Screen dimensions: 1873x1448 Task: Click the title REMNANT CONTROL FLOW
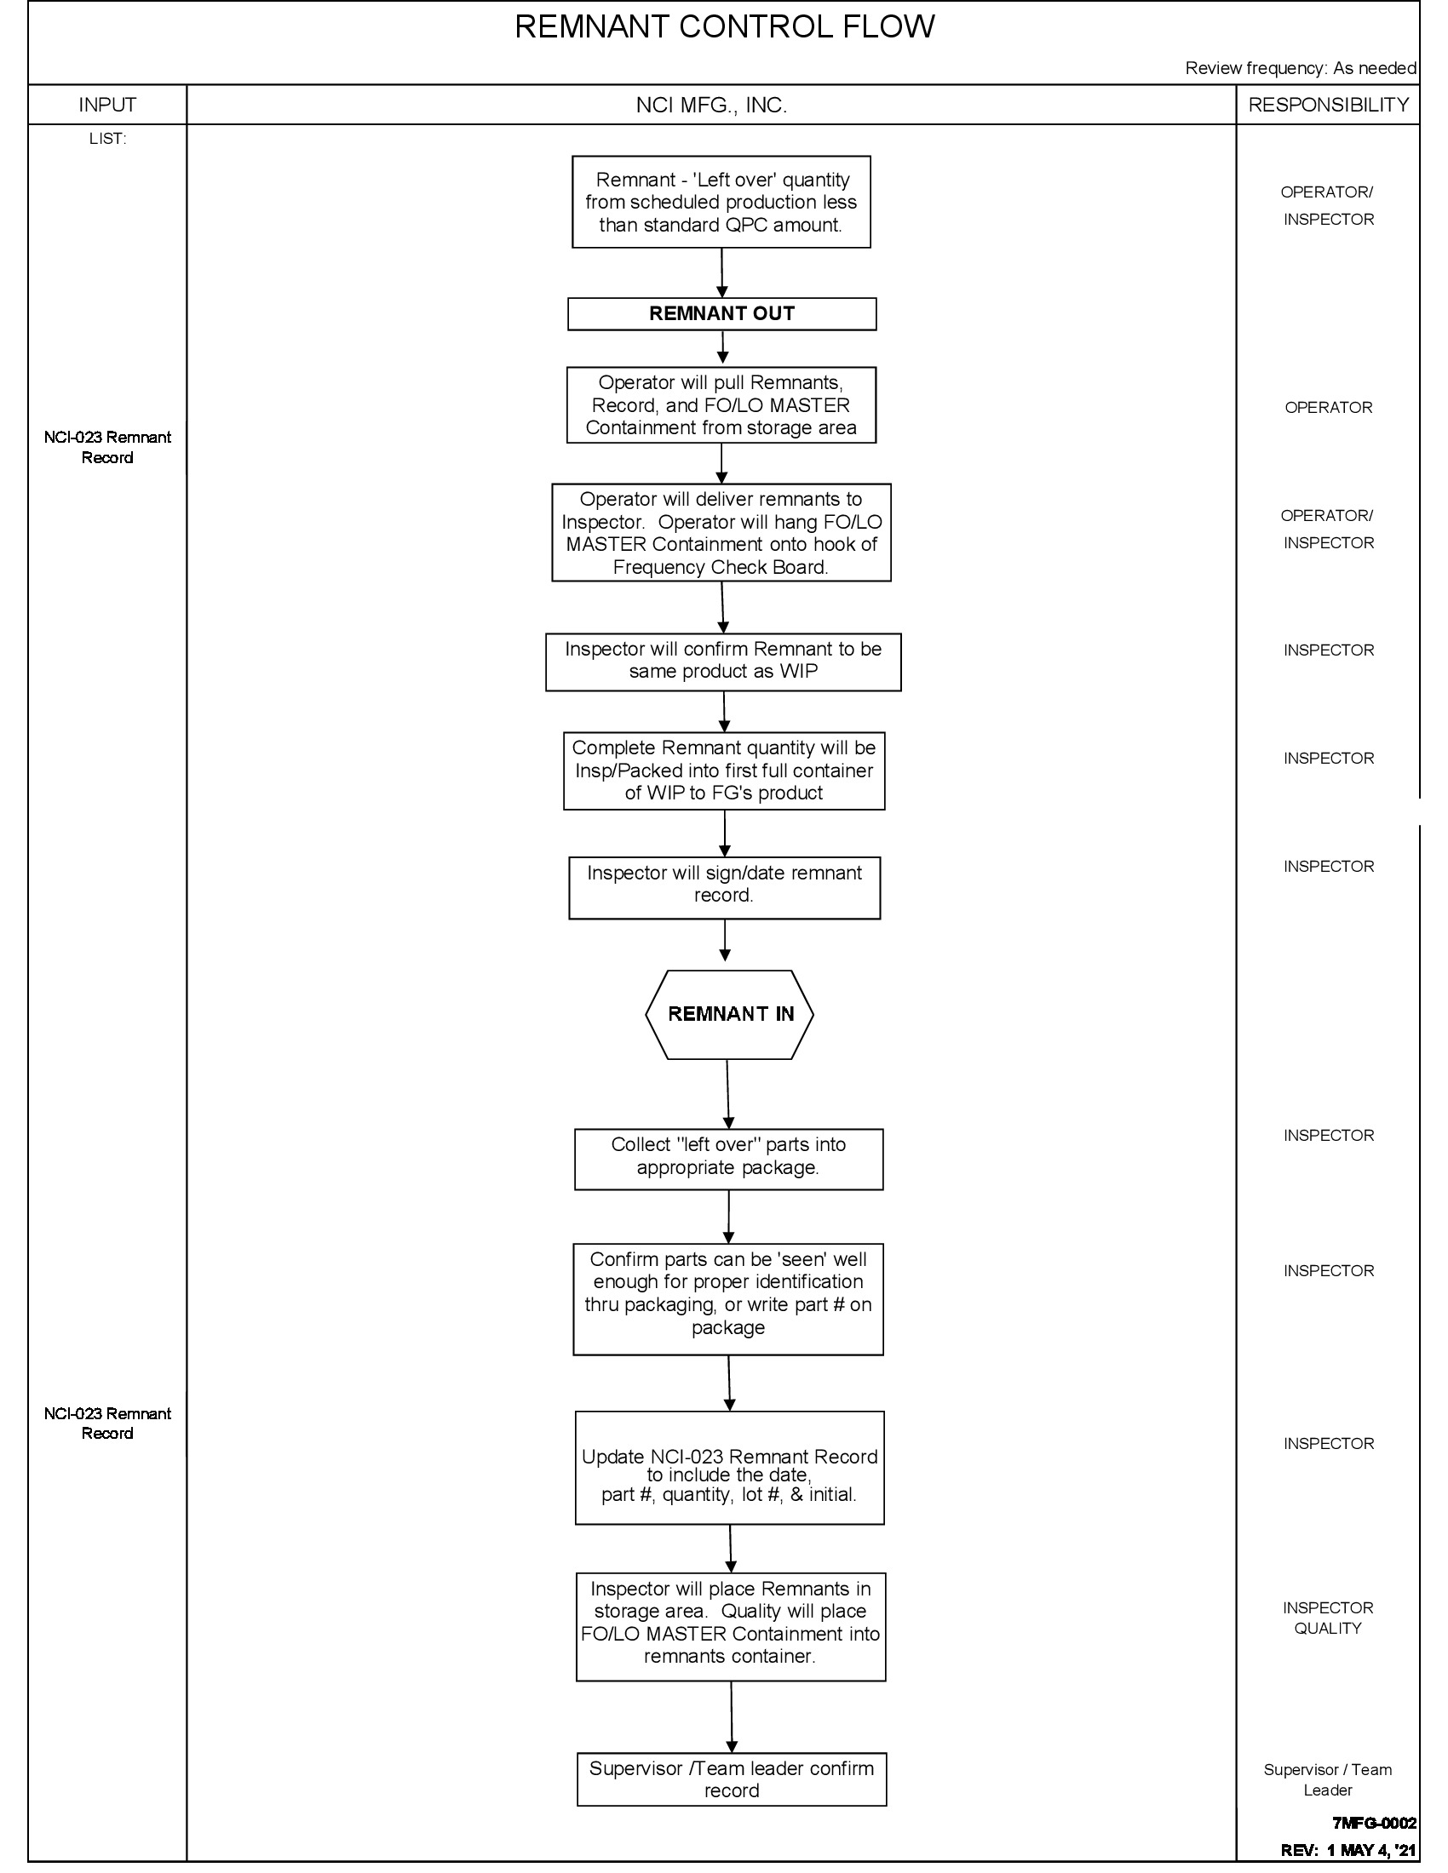click(x=724, y=27)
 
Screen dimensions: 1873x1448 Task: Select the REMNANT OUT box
click(x=721, y=314)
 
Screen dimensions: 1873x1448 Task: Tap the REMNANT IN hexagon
click(x=729, y=1015)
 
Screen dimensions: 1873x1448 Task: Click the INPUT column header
click(x=107, y=105)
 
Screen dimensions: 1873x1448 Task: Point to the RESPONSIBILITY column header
click(x=1328, y=105)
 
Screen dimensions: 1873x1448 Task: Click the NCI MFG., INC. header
click(x=711, y=106)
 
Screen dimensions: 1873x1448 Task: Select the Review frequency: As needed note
click(x=1300, y=69)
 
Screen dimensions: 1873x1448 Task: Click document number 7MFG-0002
click(x=1373, y=1823)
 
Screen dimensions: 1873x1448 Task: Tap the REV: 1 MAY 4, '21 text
click(x=1347, y=1850)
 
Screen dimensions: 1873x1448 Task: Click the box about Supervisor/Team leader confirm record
click(x=731, y=1778)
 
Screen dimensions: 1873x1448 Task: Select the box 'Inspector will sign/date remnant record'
click(x=724, y=888)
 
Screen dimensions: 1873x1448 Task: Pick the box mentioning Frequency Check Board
click(x=721, y=533)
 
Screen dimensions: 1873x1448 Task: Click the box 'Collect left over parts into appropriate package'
click(x=728, y=1159)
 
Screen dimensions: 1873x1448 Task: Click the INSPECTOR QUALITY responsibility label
click(x=1328, y=1618)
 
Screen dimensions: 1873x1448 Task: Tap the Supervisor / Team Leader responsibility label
click(x=1327, y=1779)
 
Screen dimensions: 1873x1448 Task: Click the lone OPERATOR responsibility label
click(x=1328, y=407)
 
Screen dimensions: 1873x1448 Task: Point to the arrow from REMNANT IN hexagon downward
click(x=728, y=1093)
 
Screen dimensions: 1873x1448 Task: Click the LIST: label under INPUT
click(x=107, y=139)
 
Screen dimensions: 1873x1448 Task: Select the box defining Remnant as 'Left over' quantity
click(x=721, y=203)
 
